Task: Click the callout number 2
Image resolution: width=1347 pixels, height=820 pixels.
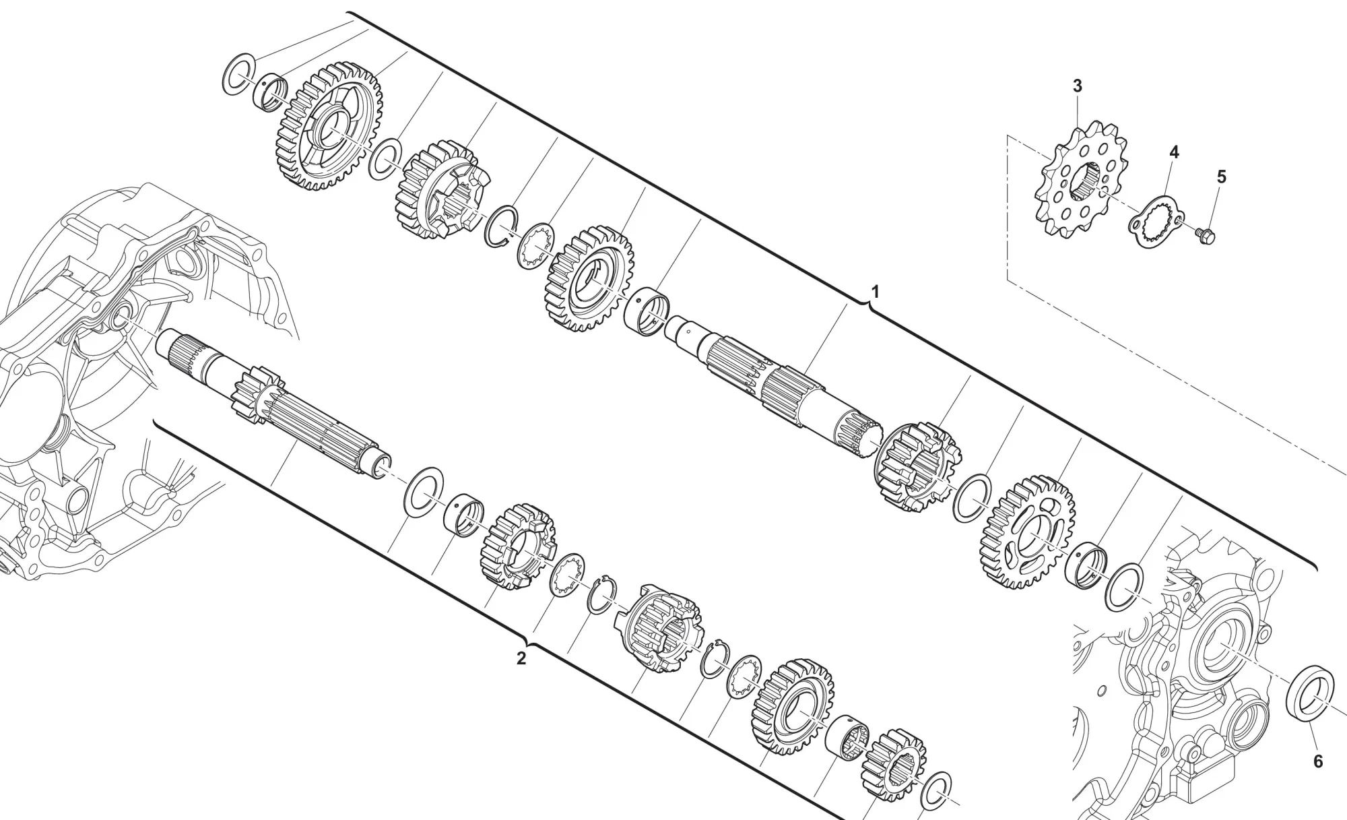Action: (521, 659)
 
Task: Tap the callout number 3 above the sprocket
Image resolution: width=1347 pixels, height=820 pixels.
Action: (1077, 86)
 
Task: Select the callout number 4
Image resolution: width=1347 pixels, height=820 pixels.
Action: (1173, 152)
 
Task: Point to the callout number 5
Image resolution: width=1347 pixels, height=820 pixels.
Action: (1221, 177)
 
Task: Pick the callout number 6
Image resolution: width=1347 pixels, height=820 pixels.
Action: (1318, 761)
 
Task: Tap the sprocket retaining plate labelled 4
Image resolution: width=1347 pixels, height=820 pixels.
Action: (1156, 221)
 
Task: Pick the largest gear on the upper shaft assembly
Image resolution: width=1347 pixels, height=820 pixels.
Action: (329, 126)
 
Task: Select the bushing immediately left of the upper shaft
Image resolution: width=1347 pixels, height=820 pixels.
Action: (647, 310)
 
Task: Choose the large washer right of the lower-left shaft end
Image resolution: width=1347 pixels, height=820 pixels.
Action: (424, 492)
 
